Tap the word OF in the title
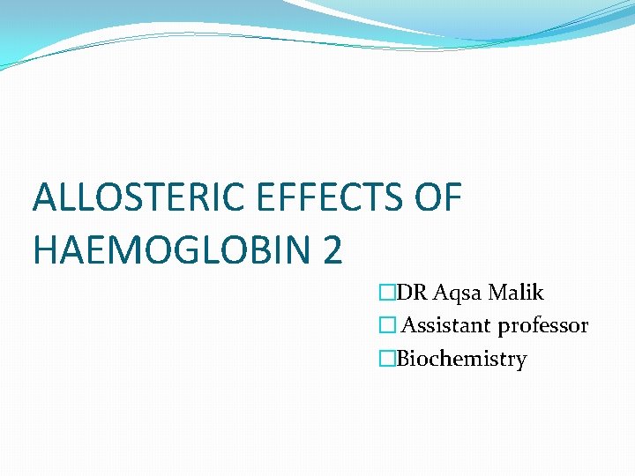(x=437, y=198)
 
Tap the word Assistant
(x=446, y=326)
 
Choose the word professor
(x=543, y=327)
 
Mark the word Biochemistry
(x=461, y=360)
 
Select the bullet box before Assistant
(x=385, y=326)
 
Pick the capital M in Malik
(x=498, y=293)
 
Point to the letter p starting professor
(x=504, y=328)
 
